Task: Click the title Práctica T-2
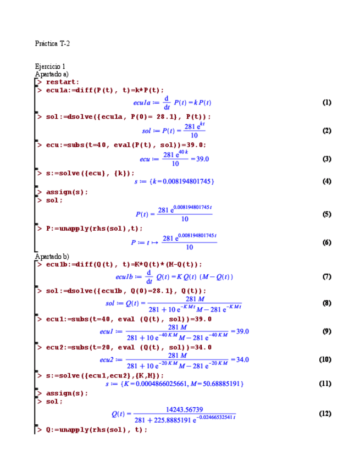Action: pos(52,43)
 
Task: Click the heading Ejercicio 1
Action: pos(50,66)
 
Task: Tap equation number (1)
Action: pos(326,102)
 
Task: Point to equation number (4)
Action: pos(326,181)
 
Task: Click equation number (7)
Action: pos(326,276)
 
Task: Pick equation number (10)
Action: pos(325,359)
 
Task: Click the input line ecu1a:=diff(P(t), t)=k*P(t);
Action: pos(105,90)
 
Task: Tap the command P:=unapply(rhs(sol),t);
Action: pos(94,228)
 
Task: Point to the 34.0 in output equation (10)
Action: pos(242,359)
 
